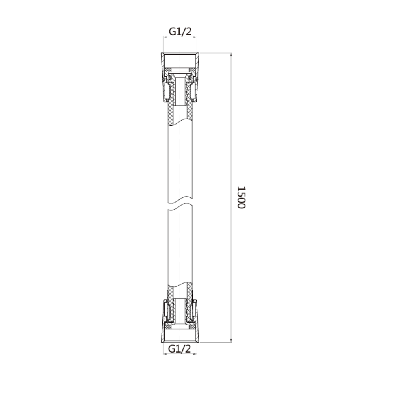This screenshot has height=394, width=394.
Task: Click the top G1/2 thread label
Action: click(180, 32)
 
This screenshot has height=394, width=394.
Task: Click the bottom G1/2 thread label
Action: click(179, 349)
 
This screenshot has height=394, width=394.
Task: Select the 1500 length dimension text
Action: click(241, 197)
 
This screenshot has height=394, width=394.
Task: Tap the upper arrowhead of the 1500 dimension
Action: click(231, 54)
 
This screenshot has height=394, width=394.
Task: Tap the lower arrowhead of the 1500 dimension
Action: click(231, 340)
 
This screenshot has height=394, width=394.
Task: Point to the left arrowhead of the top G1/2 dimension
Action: click(165, 37)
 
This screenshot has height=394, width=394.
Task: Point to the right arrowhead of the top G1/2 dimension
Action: click(195, 37)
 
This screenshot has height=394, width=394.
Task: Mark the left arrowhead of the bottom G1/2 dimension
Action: click(165, 354)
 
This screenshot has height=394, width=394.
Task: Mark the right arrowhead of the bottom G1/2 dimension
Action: click(195, 354)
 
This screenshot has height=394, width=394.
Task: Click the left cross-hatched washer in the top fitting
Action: click(168, 69)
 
